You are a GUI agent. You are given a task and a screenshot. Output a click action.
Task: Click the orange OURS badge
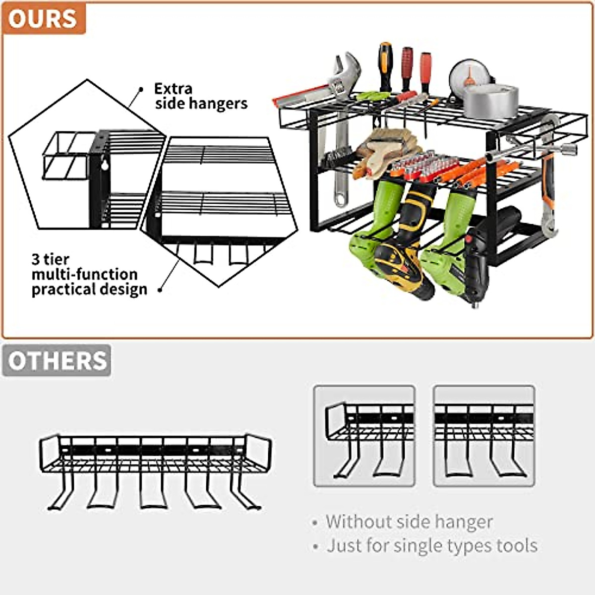pos(44,18)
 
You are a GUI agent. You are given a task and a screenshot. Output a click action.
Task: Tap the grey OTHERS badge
pos(57,360)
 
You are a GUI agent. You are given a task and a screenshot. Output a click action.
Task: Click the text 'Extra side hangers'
pos(200,96)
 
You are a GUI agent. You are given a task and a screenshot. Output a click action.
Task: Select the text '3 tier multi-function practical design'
pos(89,274)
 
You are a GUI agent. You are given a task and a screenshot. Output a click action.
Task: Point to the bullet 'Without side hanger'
pos(409,522)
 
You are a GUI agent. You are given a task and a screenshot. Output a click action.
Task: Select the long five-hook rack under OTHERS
pos(155,471)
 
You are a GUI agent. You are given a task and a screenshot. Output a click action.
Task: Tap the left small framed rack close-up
pos(364,436)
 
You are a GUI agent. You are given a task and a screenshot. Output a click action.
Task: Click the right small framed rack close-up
pos(484,436)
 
